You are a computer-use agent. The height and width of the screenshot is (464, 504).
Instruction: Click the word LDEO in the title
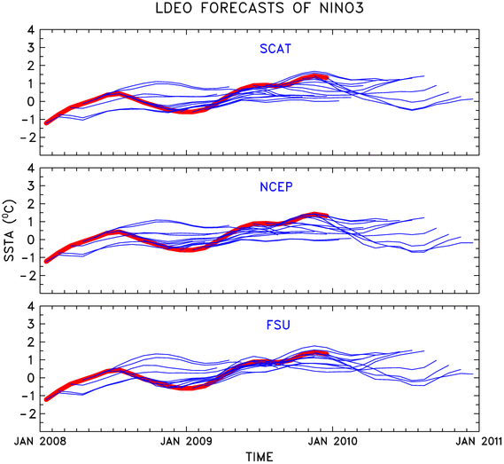coord(174,8)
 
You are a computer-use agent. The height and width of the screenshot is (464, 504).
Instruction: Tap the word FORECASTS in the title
coord(243,8)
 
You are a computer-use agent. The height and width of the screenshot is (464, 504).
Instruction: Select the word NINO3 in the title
coord(342,8)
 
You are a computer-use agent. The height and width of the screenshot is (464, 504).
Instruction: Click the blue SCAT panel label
coord(275,49)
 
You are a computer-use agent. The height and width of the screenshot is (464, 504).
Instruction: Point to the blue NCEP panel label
coord(276,187)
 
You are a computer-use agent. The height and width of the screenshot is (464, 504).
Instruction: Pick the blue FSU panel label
coord(278,325)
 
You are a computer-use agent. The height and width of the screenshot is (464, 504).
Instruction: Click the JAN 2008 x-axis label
coord(40,441)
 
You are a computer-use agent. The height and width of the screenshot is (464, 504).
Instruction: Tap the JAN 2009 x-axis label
coord(186,441)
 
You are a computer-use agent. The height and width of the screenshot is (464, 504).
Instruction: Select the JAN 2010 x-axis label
coord(332,441)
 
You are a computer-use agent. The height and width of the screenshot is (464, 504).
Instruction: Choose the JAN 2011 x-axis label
coord(478,441)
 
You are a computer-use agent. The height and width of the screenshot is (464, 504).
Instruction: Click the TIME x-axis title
coord(260,457)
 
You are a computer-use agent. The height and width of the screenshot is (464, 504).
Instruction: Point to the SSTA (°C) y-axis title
coord(9,230)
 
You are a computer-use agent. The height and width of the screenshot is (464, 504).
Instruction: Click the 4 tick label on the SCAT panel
coord(30,30)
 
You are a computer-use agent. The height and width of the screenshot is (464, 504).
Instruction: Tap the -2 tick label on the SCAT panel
coord(27,138)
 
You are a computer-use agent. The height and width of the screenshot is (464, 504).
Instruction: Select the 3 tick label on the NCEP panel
coord(30,185)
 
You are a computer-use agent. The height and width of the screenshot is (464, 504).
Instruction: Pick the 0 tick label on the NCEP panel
coord(30,240)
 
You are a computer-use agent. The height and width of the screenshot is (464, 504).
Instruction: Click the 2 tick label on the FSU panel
coord(30,342)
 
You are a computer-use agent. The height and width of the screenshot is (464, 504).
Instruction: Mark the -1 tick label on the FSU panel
coord(27,396)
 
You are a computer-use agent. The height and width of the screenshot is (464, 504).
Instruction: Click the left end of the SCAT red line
coord(46,123)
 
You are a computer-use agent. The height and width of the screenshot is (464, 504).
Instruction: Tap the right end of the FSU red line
coord(327,354)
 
